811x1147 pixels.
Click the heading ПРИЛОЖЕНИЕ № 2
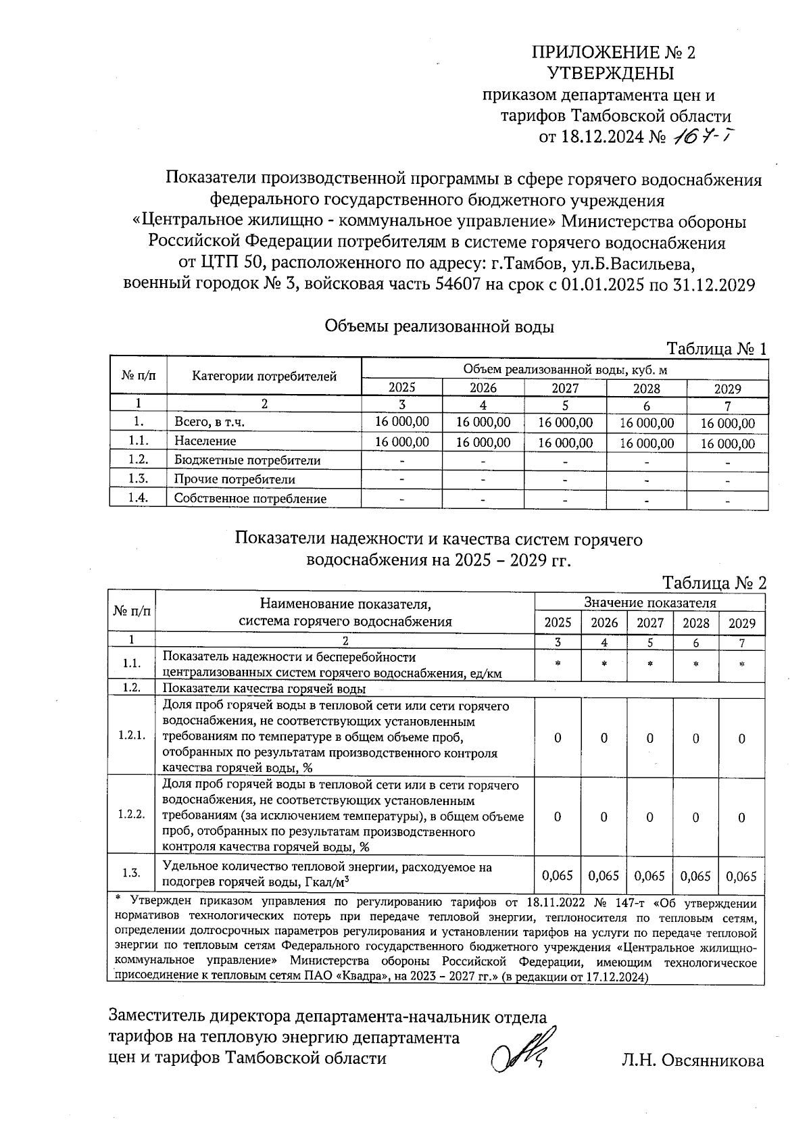pos(613,52)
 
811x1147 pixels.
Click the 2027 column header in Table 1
pos(565,388)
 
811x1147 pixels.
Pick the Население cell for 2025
pos(402,442)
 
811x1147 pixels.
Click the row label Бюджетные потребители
pos(247,460)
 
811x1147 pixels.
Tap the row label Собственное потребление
pos(250,499)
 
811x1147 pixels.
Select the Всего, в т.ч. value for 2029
pos(727,424)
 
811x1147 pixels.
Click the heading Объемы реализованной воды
pos(439,327)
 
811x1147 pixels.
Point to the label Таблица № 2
pos(714,583)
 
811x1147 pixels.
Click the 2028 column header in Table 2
pos(695,623)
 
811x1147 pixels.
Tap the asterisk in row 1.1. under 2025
pos(558,664)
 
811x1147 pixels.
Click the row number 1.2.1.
pos(132,735)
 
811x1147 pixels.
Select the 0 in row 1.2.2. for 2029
pos(741,817)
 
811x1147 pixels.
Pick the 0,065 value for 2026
pos(604,876)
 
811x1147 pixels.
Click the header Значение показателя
pos(649,602)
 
